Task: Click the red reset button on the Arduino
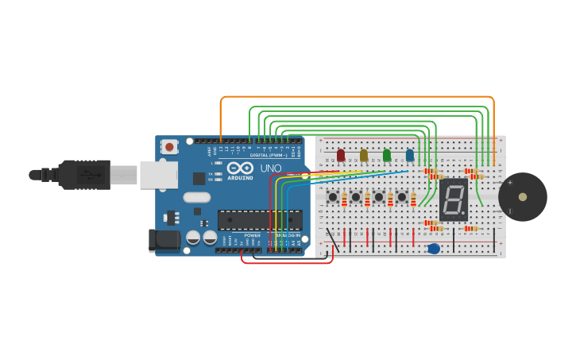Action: (169, 146)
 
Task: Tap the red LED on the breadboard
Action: (341, 155)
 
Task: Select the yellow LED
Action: (364, 155)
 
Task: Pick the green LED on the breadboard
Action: (387, 155)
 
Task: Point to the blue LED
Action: (410, 155)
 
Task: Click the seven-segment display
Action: (454, 199)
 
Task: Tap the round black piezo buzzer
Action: (522, 196)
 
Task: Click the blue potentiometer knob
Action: (434, 250)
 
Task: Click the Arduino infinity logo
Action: (240, 168)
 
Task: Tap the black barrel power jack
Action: (163, 241)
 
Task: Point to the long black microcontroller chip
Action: (260, 220)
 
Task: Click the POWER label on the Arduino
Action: (253, 235)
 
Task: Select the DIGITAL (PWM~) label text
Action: (269, 155)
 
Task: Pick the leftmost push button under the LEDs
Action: (333, 196)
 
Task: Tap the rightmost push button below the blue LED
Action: (402, 196)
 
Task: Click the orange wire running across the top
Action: (358, 97)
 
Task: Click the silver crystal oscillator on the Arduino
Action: (196, 197)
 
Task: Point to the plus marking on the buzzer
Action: (509, 182)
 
